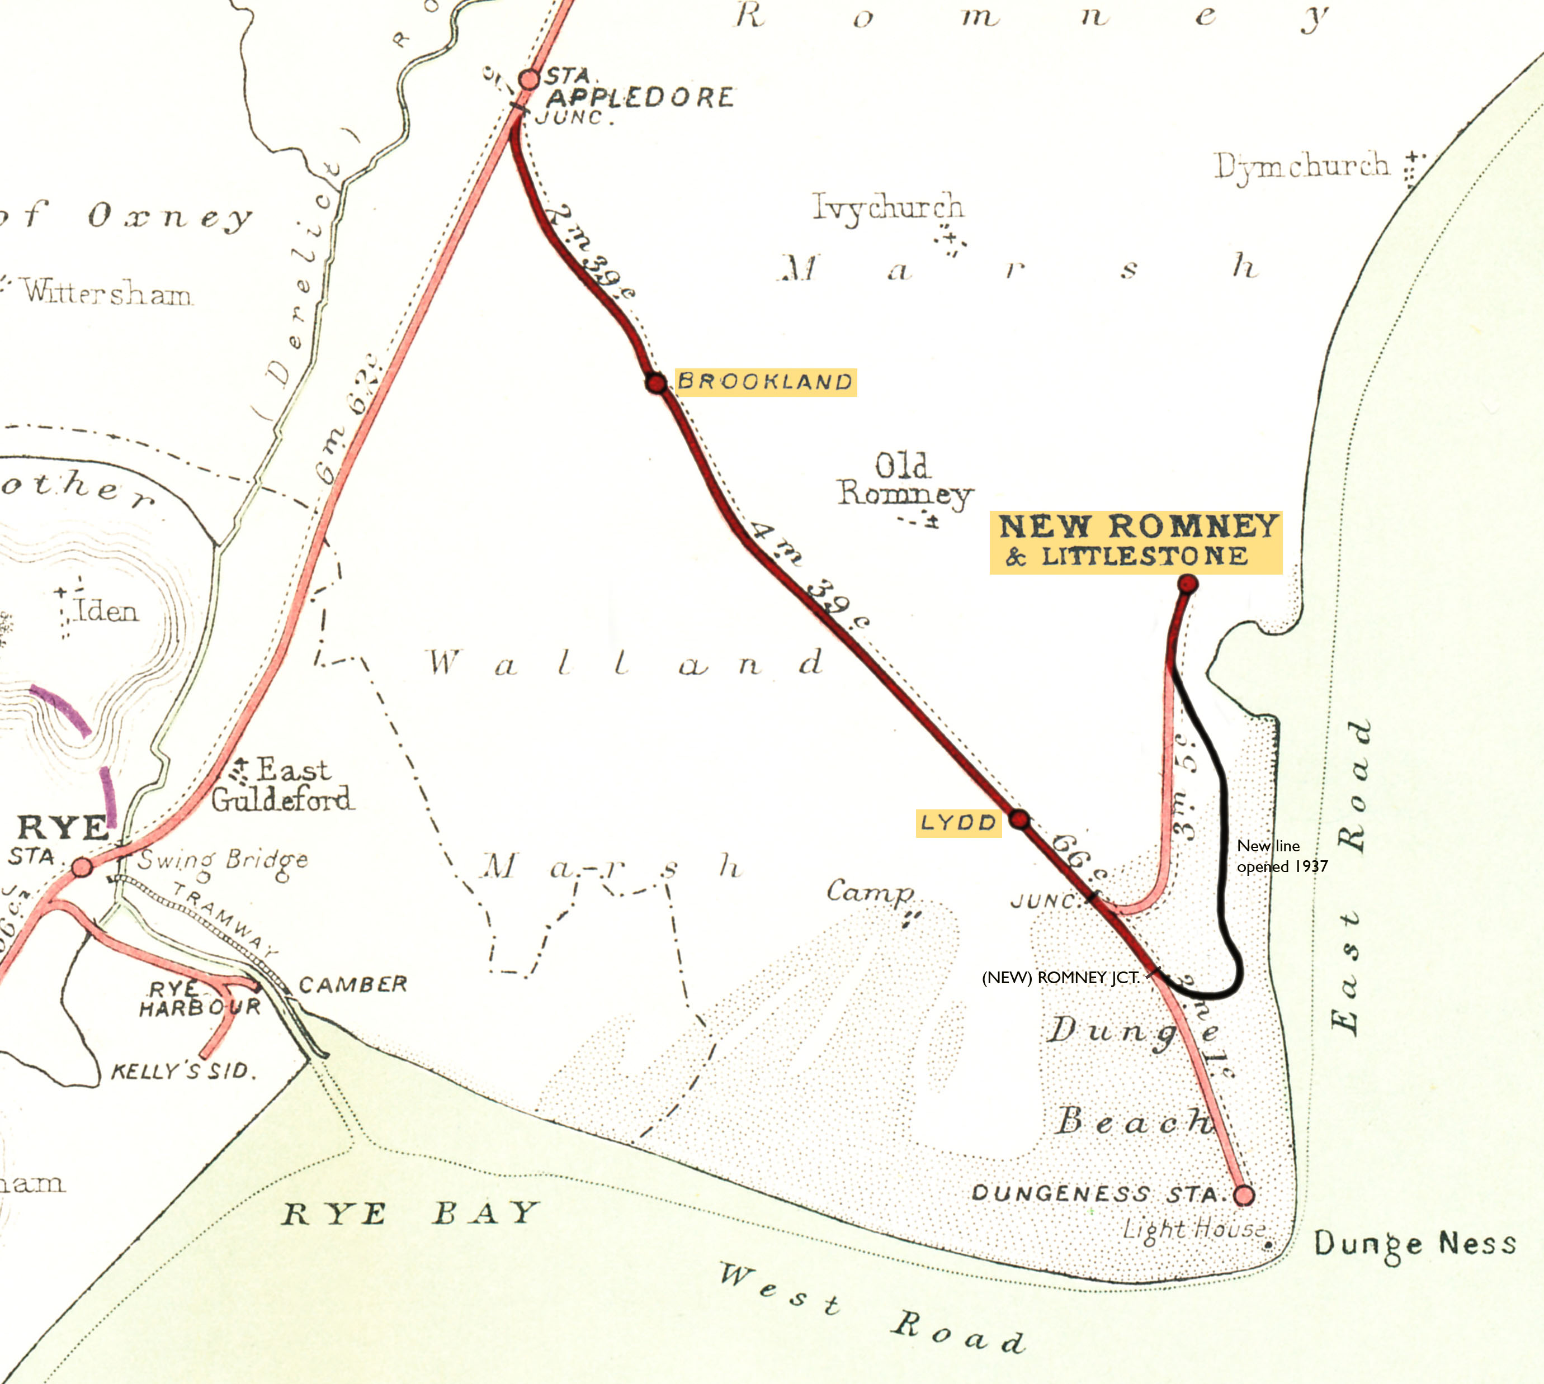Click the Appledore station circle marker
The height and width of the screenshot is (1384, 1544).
528,79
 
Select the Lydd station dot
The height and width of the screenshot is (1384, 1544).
1019,819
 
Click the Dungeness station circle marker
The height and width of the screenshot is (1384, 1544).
1244,1195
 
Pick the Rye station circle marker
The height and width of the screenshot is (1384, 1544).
82,866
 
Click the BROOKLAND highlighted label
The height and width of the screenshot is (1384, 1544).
765,382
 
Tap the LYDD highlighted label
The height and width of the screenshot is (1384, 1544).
957,823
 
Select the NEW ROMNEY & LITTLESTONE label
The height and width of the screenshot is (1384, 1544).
1136,542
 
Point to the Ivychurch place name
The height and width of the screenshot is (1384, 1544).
887,207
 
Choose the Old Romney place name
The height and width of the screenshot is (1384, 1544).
904,481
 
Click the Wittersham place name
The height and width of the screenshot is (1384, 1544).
106,292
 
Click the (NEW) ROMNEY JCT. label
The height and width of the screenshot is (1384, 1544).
1060,978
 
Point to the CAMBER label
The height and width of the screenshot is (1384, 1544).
353,985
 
